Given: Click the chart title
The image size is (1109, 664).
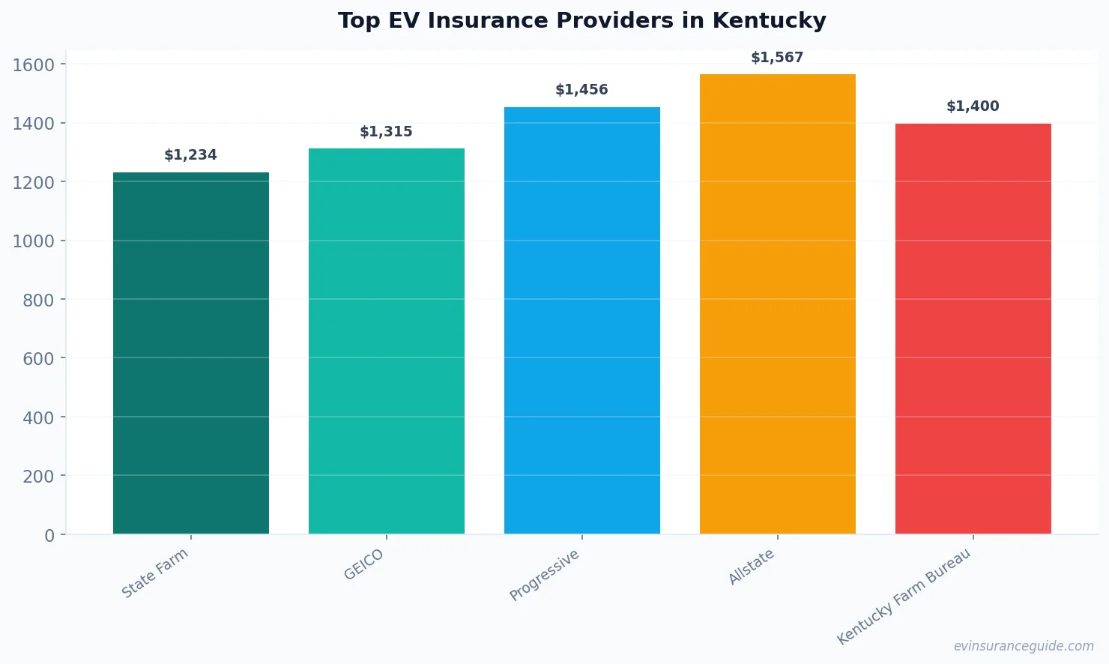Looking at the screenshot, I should [x=581, y=21].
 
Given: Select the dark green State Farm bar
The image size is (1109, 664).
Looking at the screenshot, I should [x=191, y=353].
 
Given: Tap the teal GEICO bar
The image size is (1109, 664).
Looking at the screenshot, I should [x=387, y=341].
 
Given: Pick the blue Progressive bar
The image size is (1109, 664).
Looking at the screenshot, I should [x=582, y=321].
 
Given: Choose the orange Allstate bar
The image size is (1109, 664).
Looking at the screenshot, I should [x=778, y=304].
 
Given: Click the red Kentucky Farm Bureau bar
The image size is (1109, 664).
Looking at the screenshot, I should [x=973, y=329].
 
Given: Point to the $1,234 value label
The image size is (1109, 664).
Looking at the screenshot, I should [x=191, y=155].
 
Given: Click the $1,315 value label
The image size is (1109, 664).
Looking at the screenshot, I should [x=387, y=132].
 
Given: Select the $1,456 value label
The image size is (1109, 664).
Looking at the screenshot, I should [x=582, y=90].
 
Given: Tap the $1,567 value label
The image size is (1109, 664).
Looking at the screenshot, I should [x=778, y=58].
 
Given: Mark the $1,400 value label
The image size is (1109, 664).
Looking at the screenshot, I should [x=973, y=106].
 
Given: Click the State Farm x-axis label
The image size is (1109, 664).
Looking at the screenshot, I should [x=155, y=573].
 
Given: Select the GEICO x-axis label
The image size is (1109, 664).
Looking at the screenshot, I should [x=363, y=564].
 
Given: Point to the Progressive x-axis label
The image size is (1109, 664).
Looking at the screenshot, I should [x=545, y=575].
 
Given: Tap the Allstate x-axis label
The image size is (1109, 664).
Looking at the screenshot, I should [x=752, y=567].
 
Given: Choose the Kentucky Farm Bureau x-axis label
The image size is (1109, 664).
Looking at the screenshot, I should [x=904, y=596].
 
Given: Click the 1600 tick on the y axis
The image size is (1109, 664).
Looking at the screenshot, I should [x=34, y=65].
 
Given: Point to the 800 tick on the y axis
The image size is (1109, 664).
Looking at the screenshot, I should [x=38, y=300].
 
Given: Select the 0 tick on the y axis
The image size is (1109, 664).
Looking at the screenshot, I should [x=49, y=535].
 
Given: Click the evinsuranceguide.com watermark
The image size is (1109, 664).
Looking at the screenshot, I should [x=1024, y=646].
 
